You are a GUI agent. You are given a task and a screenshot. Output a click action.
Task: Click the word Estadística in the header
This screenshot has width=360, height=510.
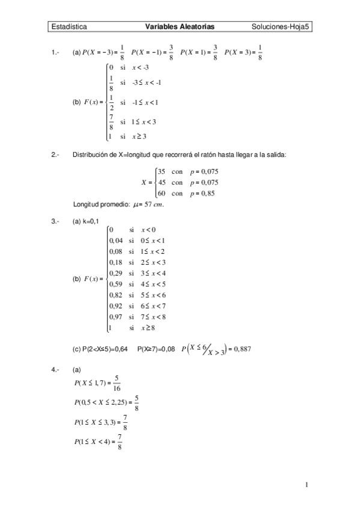pyautogui.click(x=69, y=27)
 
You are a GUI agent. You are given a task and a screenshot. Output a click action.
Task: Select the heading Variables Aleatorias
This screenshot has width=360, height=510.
pyautogui.click(x=180, y=27)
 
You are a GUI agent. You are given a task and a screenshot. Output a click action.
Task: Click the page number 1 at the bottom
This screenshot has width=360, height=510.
pyautogui.click(x=306, y=484)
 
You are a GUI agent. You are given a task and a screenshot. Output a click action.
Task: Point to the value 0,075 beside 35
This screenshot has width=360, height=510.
pyautogui.click(x=207, y=171)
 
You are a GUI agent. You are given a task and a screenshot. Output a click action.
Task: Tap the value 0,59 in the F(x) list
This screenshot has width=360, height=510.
pyautogui.click(x=116, y=284)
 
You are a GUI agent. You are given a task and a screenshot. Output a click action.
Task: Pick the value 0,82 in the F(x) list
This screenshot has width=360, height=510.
pyautogui.click(x=116, y=295)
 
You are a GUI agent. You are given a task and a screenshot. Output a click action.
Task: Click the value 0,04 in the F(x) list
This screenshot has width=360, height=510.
pyautogui.click(x=116, y=241)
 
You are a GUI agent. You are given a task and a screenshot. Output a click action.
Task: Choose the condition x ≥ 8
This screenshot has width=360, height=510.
pyautogui.click(x=148, y=328)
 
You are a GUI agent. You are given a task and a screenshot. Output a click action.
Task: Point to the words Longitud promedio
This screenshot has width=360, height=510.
pyautogui.click(x=99, y=204)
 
